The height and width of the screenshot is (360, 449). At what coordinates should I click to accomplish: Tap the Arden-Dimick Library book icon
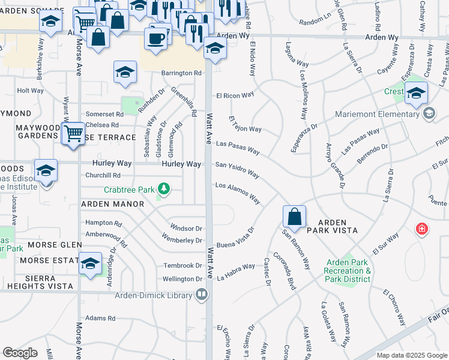(x=202, y=295)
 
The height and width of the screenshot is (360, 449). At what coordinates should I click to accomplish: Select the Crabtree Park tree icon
(x=163, y=191)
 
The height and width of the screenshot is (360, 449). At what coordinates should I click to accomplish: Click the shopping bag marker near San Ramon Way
(x=295, y=216)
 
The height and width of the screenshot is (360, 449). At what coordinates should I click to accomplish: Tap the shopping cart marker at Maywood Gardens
(x=73, y=133)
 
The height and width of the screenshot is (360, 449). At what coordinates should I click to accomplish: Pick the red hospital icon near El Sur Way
(x=422, y=229)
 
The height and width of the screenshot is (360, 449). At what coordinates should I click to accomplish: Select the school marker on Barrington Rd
(x=125, y=73)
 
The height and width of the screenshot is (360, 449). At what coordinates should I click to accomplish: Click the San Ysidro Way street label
(x=238, y=170)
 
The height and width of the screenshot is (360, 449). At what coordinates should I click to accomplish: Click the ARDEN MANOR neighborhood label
(x=113, y=204)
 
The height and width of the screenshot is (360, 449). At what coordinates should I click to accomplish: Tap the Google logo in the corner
(x=20, y=353)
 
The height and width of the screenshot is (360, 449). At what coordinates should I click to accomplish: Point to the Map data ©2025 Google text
(x=411, y=355)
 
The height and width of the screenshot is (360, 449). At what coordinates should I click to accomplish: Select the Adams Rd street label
(x=100, y=318)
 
